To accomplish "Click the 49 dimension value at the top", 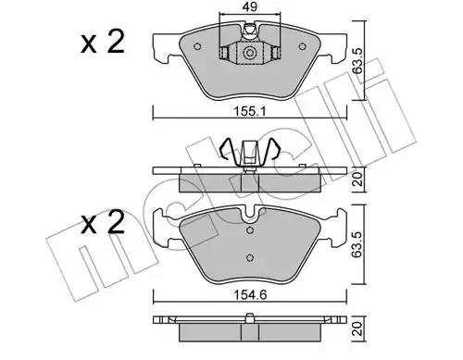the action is tap(250, 6).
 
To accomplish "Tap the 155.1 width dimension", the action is tap(250, 111).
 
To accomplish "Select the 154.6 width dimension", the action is tap(250, 295).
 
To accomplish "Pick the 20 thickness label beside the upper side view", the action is tap(357, 180).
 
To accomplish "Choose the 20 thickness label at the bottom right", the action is tap(357, 329).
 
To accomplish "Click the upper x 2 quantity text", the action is tap(103, 43).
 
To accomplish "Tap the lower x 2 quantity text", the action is tap(103, 223).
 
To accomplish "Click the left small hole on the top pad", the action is tap(197, 46).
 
